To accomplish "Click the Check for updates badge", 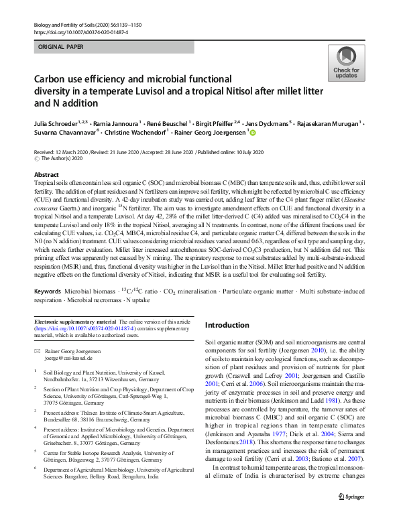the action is coord(346,63).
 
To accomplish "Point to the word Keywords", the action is coord(49,293).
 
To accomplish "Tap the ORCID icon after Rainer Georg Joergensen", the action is coord(253,133).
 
